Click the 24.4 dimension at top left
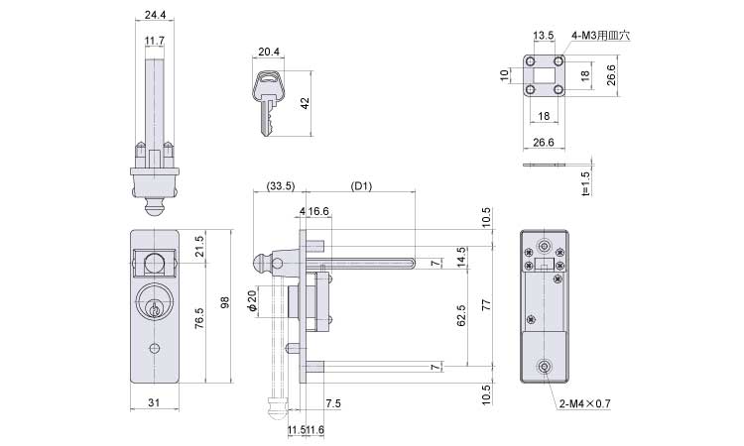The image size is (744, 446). tap(154, 16)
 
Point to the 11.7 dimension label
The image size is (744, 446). tap(154, 41)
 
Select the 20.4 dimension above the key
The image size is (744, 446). tap(268, 53)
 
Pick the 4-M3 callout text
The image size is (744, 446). tap(601, 35)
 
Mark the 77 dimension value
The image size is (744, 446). tap(485, 307)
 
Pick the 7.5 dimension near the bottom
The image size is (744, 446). tap(334, 403)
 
